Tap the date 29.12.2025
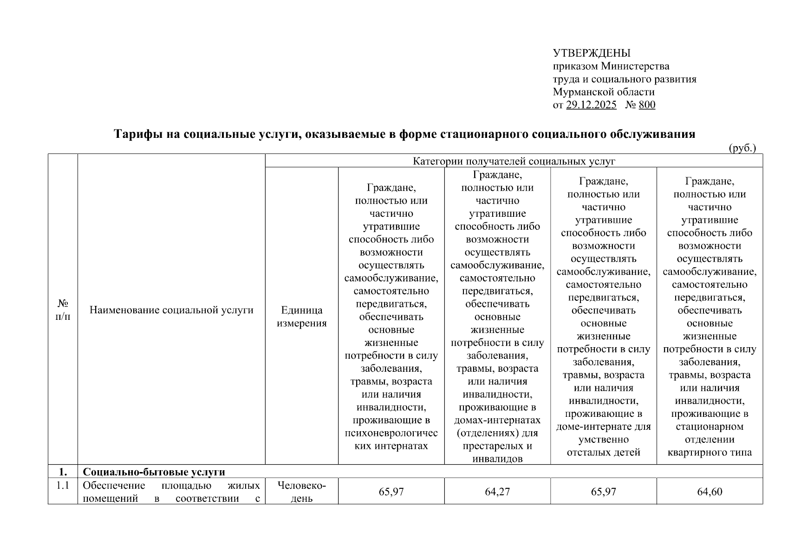coord(591,105)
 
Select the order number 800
coord(647,105)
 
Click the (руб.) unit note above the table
coord(742,148)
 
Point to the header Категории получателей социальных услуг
coord(514,161)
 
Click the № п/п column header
coord(63,310)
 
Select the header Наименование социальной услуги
coord(171,310)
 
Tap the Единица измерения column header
coord(301,317)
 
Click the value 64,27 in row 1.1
coord(497,492)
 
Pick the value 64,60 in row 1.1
coord(710,492)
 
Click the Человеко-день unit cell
coord(301,492)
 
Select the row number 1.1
coord(63,486)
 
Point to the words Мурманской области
coord(603,92)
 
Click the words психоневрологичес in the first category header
coord(391,433)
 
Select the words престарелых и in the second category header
coord(497,446)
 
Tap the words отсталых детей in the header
coord(603,452)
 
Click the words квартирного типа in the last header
coord(710,452)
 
